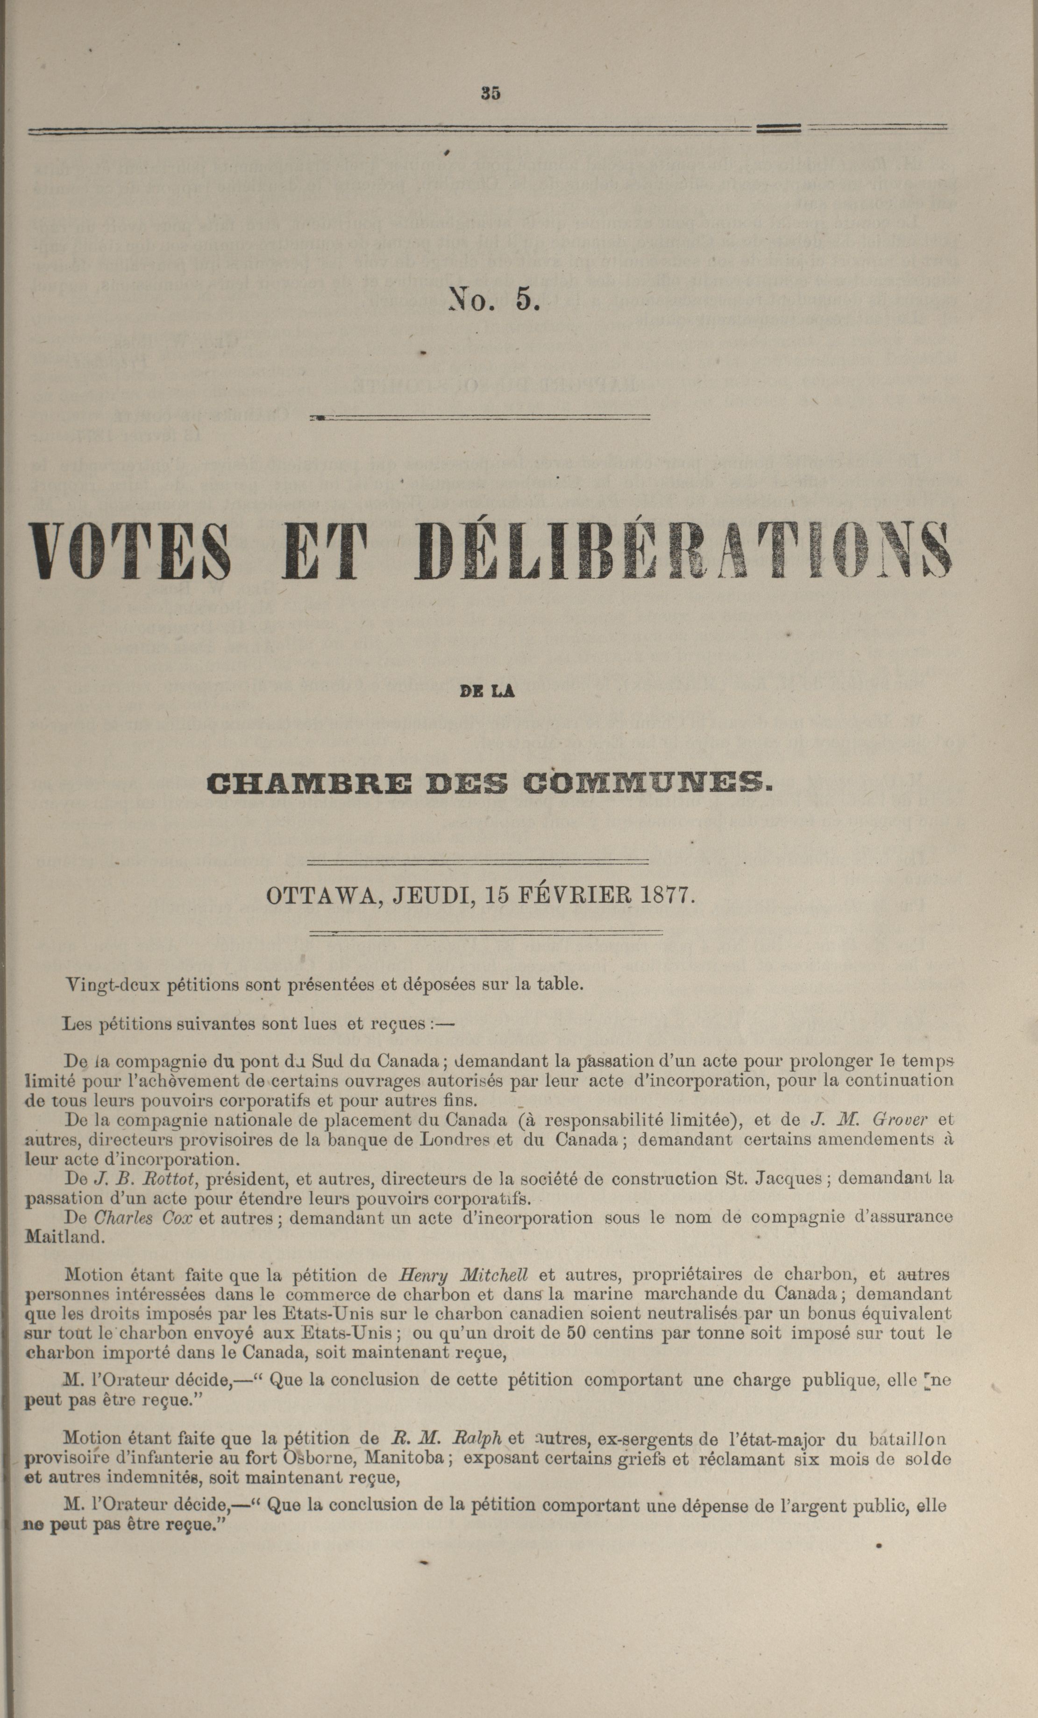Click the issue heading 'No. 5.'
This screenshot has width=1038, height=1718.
click(x=494, y=299)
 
